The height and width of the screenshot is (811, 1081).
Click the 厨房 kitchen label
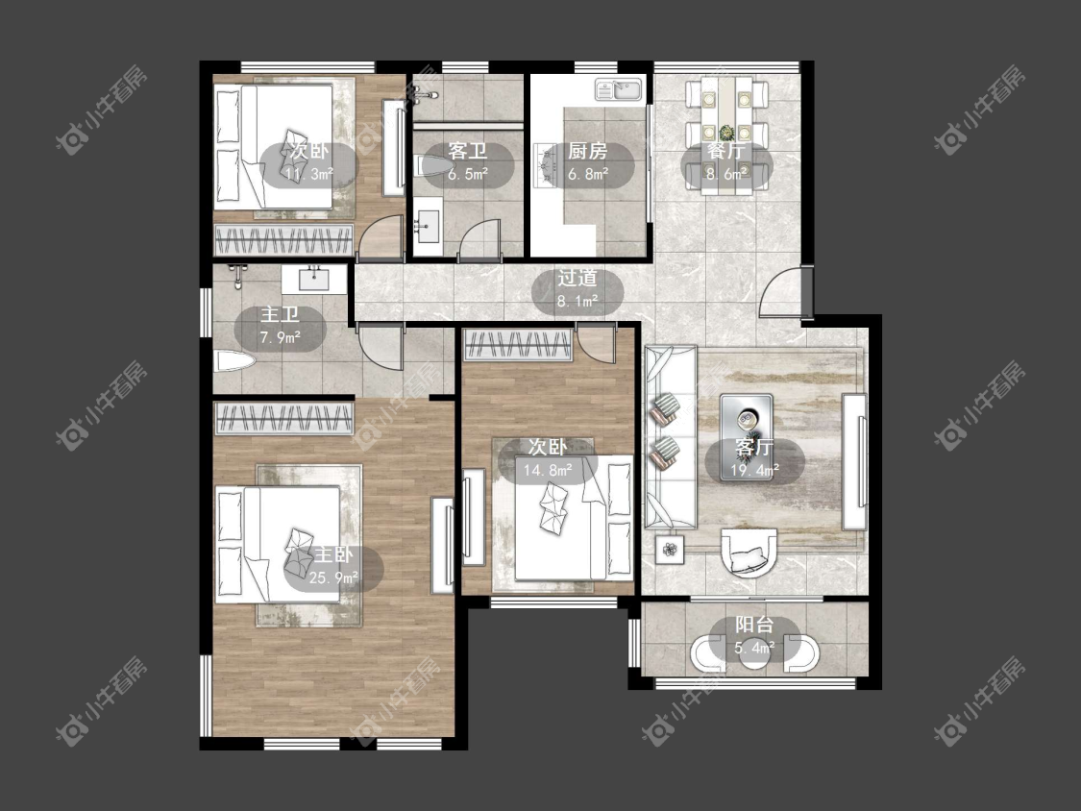click(587, 150)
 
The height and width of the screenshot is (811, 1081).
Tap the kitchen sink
click(619, 89)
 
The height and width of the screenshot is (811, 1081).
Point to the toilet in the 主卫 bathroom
click(234, 361)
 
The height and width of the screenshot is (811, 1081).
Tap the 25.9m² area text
click(333, 578)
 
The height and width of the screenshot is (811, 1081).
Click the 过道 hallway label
click(577, 278)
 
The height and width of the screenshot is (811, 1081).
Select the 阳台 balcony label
click(753, 625)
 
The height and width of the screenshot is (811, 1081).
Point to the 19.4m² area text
click(755, 470)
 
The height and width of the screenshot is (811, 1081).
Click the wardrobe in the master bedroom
click(284, 418)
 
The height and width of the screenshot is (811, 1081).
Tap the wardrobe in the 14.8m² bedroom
click(519, 345)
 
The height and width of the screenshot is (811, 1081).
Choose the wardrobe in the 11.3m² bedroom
click(284, 240)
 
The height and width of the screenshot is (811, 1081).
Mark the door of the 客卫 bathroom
click(479, 239)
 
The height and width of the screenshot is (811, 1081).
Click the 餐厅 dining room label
click(726, 150)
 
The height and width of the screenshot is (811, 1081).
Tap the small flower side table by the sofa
click(670, 550)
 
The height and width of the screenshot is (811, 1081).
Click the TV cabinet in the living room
click(855, 461)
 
